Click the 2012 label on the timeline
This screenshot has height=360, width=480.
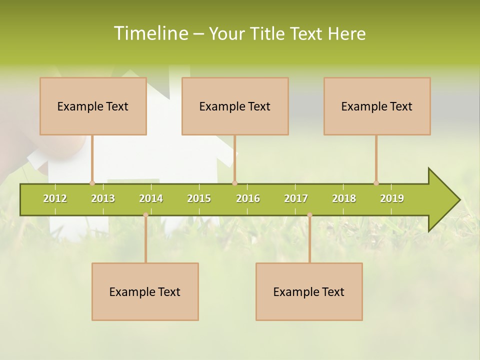(x=55, y=198)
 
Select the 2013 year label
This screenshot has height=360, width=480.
(x=103, y=198)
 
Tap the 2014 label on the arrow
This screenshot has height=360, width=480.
(x=151, y=198)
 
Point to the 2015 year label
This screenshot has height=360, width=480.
(x=199, y=198)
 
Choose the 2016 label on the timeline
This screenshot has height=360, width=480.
(x=248, y=198)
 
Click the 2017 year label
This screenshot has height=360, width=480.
(x=296, y=198)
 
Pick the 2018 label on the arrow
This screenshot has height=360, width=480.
(x=344, y=198)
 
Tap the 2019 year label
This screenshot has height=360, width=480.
(x=392, y=198)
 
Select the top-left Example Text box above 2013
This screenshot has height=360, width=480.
(x=93, y=106)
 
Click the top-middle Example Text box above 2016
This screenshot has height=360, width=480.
(x=235, y=106)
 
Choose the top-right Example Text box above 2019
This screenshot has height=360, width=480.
(x=377, y=106)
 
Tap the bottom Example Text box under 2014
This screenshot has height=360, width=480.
(x=145, y=291)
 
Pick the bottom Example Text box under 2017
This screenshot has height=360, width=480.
(x=309, y=291)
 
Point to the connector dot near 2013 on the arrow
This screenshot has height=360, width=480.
(x=92, y=183)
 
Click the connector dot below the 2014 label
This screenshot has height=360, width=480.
(x=145, y=215)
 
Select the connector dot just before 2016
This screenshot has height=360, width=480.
(x=234, y=183)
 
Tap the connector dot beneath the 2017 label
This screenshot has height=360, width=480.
(x=309, y=215)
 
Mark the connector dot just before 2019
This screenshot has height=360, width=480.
(x=376, y=183)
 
